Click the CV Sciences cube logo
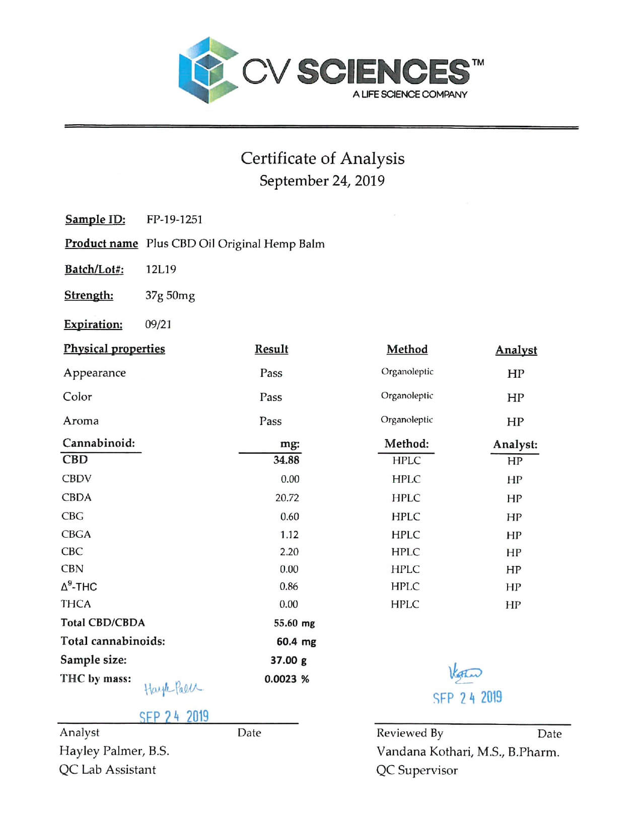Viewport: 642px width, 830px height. [x=207, y=70]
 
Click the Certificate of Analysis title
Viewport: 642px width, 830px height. [x=322, y=158]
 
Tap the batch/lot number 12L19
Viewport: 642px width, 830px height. [x=161, y=270]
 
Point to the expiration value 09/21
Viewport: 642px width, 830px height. [x=158, y=324]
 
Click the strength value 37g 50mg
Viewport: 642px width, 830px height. [x=170, y=296]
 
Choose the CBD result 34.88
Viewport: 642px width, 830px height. [x=286, y=460]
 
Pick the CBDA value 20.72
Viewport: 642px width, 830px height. [x=287, y=498]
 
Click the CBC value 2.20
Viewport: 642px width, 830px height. [x=289, y=552]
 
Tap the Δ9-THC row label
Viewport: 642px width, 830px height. [x=79, y=587]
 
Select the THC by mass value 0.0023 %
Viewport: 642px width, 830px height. [x=287, y=679]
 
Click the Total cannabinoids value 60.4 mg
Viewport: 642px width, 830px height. [x=296, y=642]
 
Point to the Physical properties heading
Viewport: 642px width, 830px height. [x=114, y=349]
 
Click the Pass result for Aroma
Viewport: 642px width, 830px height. [x=270, y=421]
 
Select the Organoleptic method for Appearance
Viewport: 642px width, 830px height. [x=407, y=372]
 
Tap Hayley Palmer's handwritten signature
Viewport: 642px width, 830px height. [x=173, y=688]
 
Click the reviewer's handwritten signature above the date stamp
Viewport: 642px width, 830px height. [x=465, y=673]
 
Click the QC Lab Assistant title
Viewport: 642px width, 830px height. [x=107, y=770]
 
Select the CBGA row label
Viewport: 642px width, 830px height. [x=76, y=534]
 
